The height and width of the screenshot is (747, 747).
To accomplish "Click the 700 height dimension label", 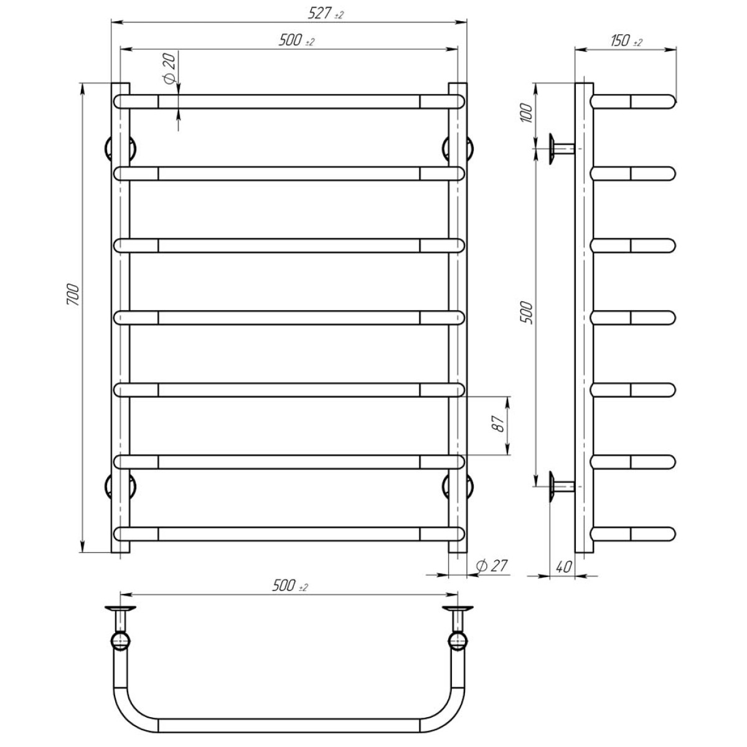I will pyautogui.click(x=73, y=294).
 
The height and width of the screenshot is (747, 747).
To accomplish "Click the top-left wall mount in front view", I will pyautogui.click(x=110, y=149).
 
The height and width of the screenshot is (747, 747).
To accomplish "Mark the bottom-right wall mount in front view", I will pyautogui.click(x=468, y=486).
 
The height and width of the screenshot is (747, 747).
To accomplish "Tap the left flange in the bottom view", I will pyautogui.click(x=120, y=608).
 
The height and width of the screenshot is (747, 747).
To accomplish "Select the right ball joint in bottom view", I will pyautogui.click(x=458, y=640).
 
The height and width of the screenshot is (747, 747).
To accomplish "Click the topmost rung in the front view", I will pyautogui.click(x=289, y=101).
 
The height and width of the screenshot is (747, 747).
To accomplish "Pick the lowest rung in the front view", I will pyautogui.click(x=289, y=534).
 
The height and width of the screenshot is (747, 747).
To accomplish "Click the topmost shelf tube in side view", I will pyautogui.click(x=633, y=101).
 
